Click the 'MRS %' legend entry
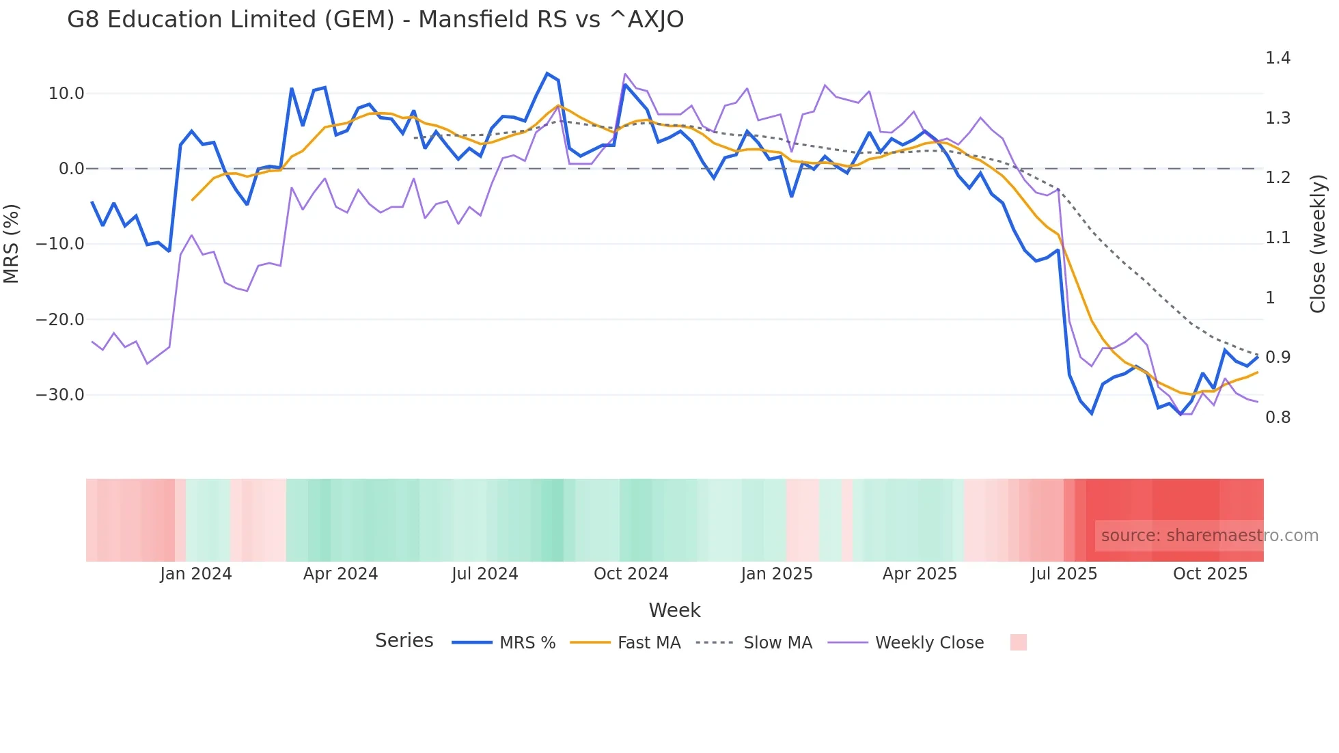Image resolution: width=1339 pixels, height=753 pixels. tap(527, 643)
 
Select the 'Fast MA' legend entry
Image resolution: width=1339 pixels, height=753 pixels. tap(648, 643)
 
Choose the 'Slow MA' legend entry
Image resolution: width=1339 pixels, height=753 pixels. tap(777, 643)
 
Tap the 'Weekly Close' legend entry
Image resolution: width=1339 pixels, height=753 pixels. tap(929, 643)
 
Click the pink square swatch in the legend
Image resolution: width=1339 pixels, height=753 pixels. tap(1018, 642)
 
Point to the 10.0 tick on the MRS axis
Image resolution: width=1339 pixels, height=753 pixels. tap(66, 94)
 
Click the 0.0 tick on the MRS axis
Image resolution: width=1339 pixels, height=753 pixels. tap(71, 169)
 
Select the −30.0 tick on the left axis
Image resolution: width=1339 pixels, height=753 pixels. tap(60, 395)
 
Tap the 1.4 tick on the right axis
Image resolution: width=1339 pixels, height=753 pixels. tap(1278, 58)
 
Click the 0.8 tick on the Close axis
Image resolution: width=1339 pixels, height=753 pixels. tap(1278, 417)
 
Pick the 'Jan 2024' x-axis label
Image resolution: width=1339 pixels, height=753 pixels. tap(196, 574)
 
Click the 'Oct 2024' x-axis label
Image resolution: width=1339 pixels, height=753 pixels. tap(631, 574)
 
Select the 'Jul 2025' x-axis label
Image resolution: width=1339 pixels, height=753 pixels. tap(1064, 574)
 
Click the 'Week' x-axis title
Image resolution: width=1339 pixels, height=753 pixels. tap(674, 610)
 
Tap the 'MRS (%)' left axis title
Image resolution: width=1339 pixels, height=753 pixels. tap(12, 243)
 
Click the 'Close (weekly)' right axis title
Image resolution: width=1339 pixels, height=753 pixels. tap(1318, 243)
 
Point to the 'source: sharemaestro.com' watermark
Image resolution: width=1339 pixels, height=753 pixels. tap(1209, 536)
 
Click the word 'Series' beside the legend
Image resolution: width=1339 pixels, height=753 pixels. tap(404, 641)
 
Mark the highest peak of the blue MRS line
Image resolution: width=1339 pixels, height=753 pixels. tap(547, 73)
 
